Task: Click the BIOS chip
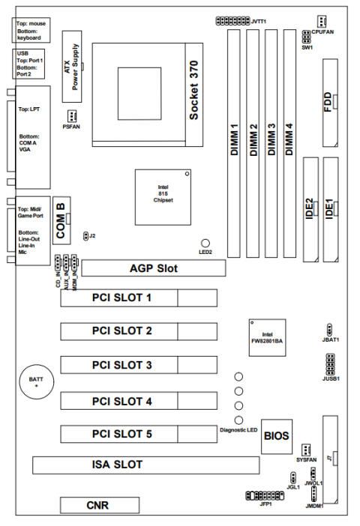pos(277,436)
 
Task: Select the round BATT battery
pos(37,381)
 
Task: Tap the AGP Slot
pos(154,268)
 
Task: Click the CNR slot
pos(100,505)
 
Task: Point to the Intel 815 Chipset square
pos(163,197)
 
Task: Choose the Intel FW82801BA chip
pos(267,337)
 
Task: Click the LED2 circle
pos(205,243)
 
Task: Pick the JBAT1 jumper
pos(329,328)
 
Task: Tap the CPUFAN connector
pos(322,21)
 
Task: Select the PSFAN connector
pos(71,116)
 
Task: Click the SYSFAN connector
pos(306,449)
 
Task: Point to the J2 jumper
pos(85,236)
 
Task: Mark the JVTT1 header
pos(232,21)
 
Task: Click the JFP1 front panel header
pos(265,495)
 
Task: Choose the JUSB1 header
pos(330,364)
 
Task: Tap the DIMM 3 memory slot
pos(271,144)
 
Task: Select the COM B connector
pos(61,220)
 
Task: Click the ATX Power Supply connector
pos(72,67)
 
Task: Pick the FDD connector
pos(331,103)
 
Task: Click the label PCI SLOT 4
pos(122,401)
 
